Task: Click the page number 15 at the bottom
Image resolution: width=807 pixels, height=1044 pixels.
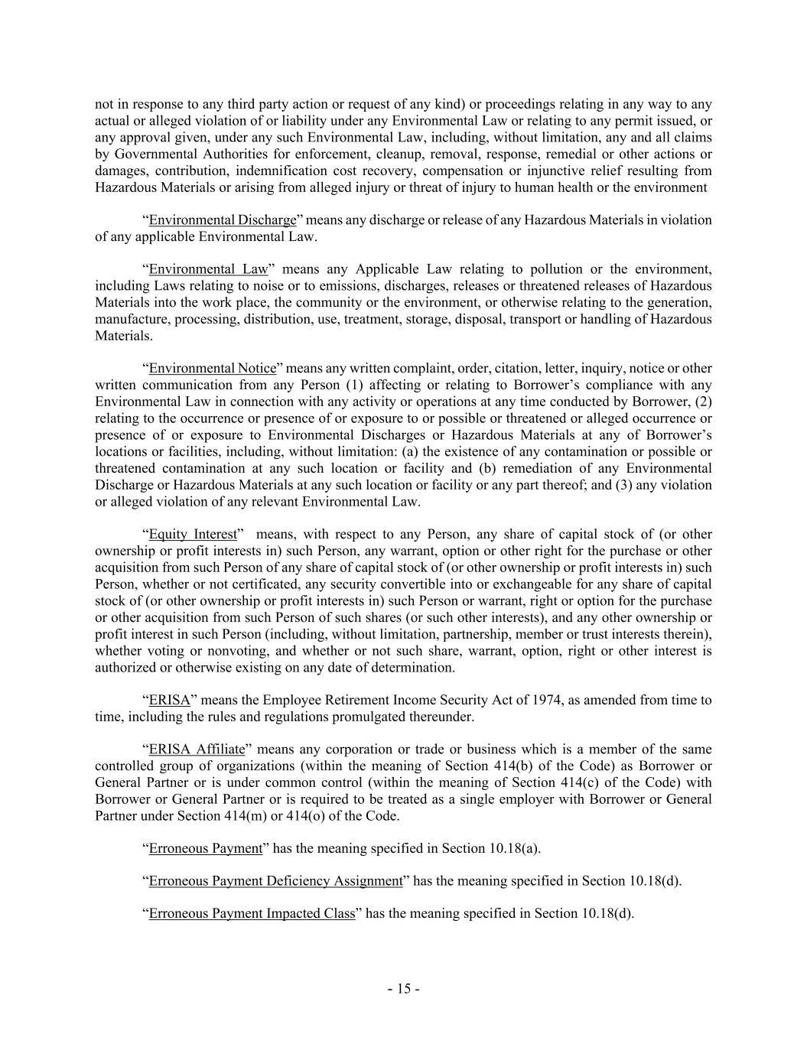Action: tap(403, 989)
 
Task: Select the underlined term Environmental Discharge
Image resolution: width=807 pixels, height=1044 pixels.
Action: tap(222, 220)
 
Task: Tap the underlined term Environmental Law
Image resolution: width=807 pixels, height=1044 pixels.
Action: tap(208, 269)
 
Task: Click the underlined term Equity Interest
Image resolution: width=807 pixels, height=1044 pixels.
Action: tap(193, 535)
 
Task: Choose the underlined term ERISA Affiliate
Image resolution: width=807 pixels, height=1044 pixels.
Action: tap(197, 750)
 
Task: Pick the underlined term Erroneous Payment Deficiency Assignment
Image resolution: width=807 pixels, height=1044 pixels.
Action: tap(275, 881)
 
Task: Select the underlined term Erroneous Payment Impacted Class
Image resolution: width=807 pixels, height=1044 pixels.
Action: tap(252, 914)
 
